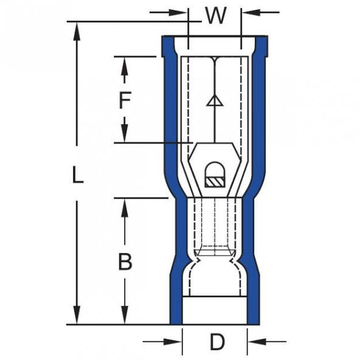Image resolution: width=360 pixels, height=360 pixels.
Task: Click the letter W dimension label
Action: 215,16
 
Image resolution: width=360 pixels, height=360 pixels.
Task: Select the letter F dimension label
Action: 124,100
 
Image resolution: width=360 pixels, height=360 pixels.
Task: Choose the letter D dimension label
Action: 217,342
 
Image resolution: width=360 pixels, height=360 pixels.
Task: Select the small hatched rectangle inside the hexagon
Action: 214,181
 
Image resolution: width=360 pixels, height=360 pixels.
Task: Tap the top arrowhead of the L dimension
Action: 77,30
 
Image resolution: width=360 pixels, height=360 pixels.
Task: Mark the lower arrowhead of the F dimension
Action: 124,134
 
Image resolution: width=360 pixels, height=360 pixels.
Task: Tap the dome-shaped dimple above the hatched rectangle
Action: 214,168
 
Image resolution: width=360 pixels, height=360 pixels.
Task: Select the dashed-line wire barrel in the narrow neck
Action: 214,225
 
